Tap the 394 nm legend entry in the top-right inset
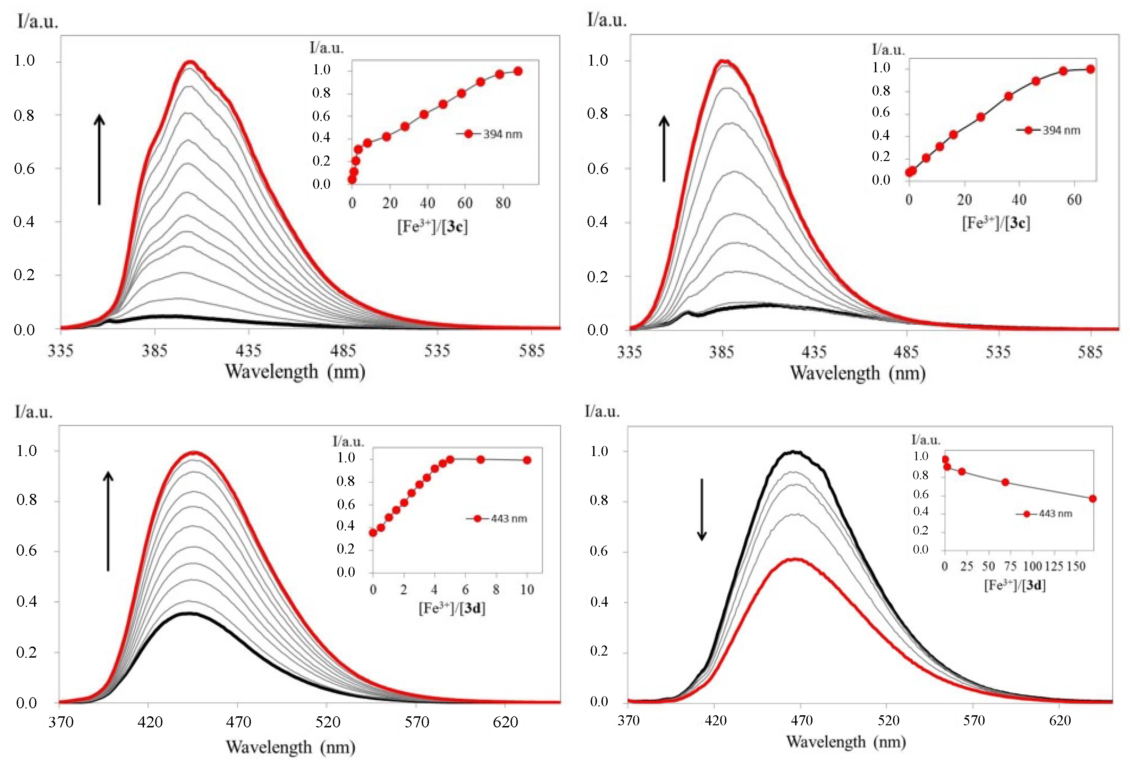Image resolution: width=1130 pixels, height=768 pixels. pos(1049,130)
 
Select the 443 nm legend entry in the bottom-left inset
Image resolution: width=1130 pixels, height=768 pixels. pos(497,518)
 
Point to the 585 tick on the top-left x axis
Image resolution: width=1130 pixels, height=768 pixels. pos(531,351)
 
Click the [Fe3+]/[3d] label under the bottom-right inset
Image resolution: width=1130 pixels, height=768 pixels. pos(1014,585)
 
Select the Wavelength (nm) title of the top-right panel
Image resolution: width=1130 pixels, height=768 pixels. pos(857,373)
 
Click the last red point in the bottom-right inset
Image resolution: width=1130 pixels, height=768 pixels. pos(1093,499)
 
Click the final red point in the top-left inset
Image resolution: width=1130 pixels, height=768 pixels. pos(518,71)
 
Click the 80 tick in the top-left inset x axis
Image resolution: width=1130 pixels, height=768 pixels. pos(503,203)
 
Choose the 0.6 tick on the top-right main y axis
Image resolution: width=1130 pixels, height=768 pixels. pos(598,168)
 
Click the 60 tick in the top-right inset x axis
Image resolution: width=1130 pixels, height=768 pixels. pos(1074,200)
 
